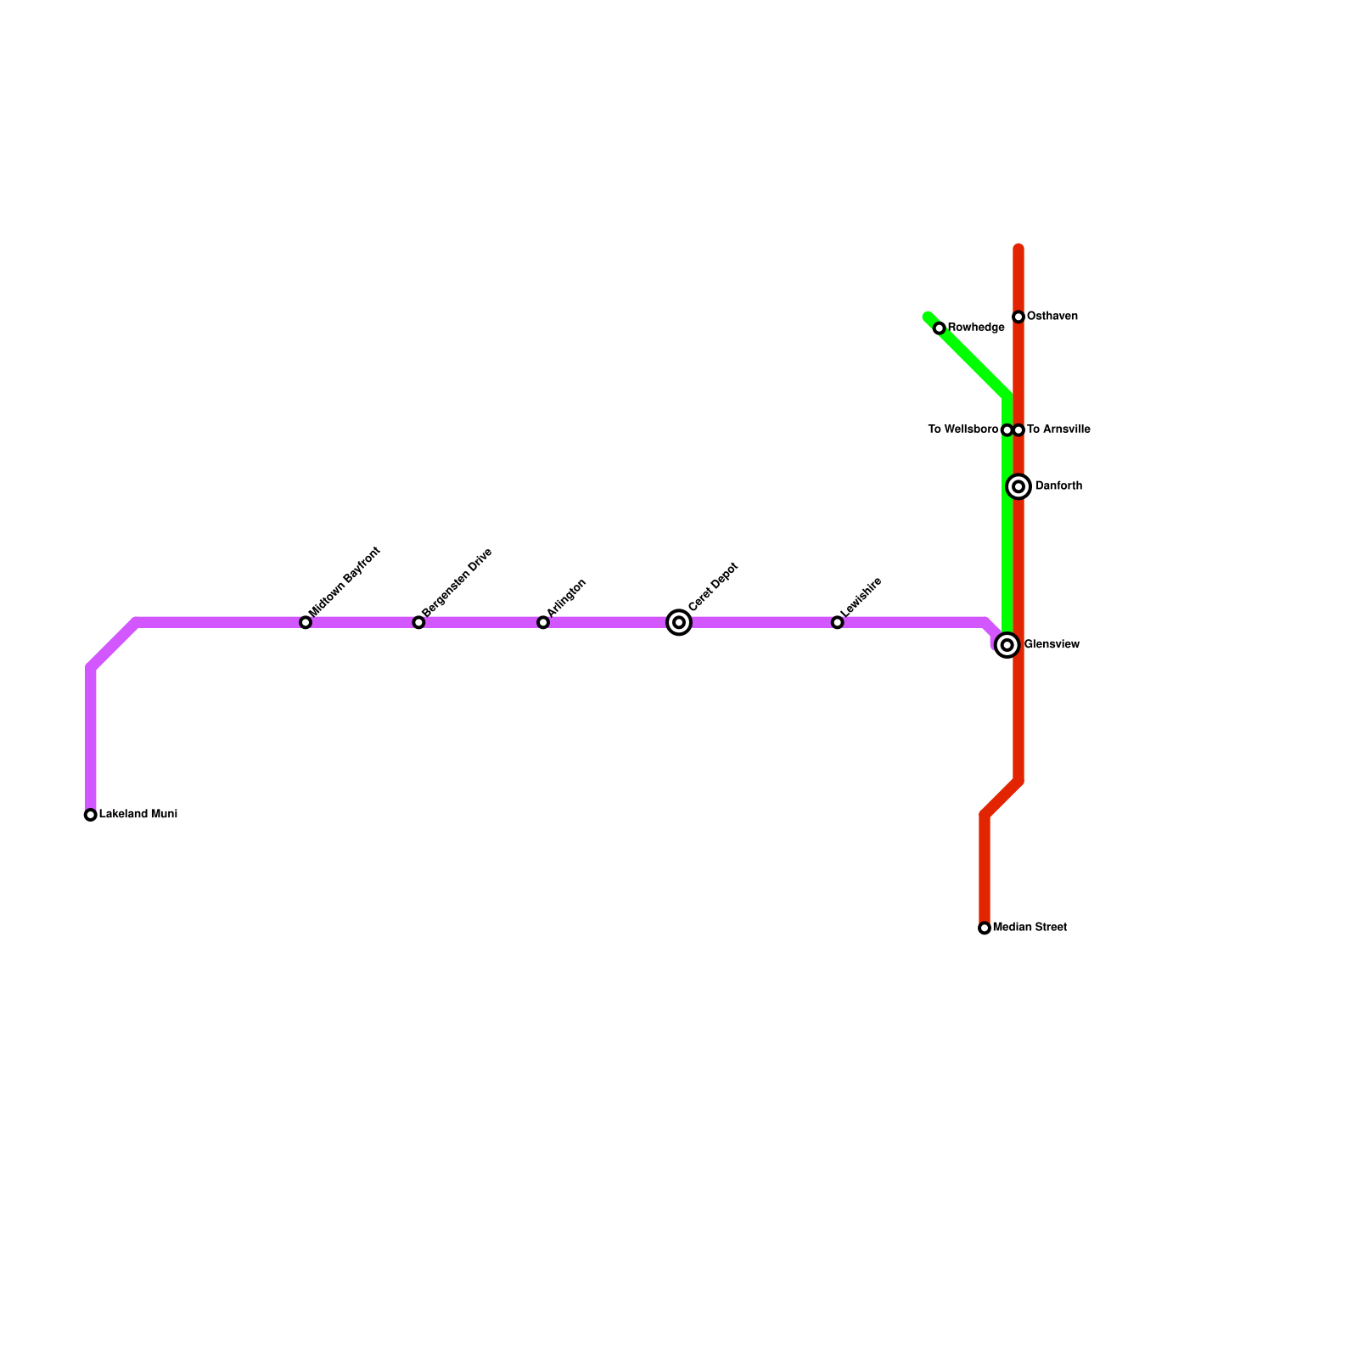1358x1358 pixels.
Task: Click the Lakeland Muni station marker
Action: [x=91, y=815]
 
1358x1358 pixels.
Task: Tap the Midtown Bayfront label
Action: [x=345, y=582]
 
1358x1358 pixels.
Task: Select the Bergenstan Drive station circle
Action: [x=418, y=623]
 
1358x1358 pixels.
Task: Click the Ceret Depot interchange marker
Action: [x=679, y=623]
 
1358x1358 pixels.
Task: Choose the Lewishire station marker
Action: [x=838, y=623]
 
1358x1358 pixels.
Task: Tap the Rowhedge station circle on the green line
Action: [x=940, y=328]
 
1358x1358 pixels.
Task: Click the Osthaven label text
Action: [x=1052, y=317]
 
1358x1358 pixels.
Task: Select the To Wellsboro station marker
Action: [x=1007, y=430]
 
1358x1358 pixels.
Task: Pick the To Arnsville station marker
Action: [x=1019, y=430]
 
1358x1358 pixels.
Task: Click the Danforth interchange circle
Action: [x=1018, y=486]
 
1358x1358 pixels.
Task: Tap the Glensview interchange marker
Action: [x=1007, y=645]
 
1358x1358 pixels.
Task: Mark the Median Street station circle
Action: [x=985, y=929]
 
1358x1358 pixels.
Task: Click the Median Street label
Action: [x=1030, y=928]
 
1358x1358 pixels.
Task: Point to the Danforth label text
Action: [x=1059, y=486]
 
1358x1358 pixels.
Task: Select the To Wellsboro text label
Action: [x=962, y=429]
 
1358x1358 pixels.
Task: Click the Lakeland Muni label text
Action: [x=138, y=815]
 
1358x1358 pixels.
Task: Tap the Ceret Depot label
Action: [x=713, y=586]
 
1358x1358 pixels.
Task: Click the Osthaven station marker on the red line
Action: [x=1018, y=317]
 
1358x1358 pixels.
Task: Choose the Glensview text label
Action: [x=1052, y=645]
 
